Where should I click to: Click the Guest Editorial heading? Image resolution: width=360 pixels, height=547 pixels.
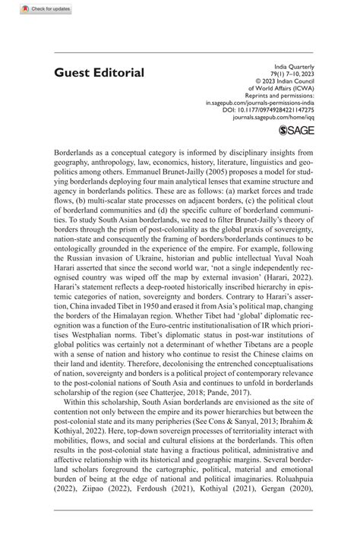(x=99, y=73)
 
